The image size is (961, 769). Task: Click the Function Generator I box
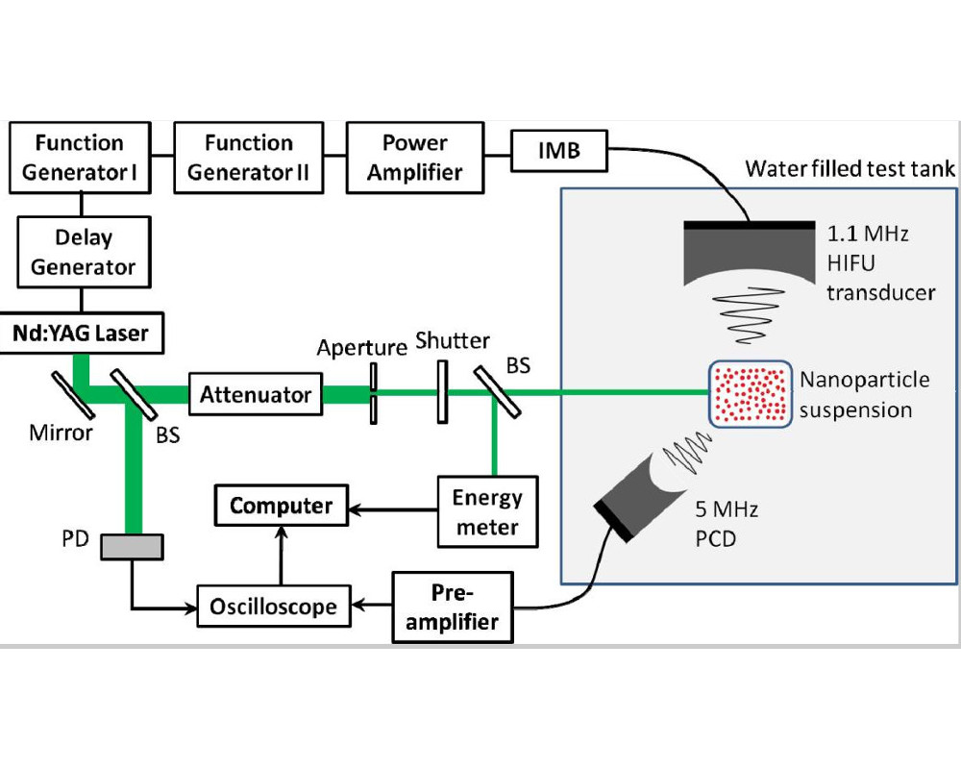coord(80,158)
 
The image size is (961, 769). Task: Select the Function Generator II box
coord(249,158)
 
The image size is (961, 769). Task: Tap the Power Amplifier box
coord(414,158)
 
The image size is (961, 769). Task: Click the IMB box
coord(557,150)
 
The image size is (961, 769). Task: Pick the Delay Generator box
coord(84,251)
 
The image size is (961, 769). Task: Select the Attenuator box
coord(255,394)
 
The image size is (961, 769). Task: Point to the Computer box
coord(281,506)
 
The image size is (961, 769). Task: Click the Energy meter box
coord(486,511)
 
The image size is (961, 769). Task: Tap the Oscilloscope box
coord(274,607)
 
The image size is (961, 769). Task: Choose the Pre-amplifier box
coord(453,607)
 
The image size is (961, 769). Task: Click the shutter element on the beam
coord(442,391)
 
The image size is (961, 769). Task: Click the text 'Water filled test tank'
coord(850,170)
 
